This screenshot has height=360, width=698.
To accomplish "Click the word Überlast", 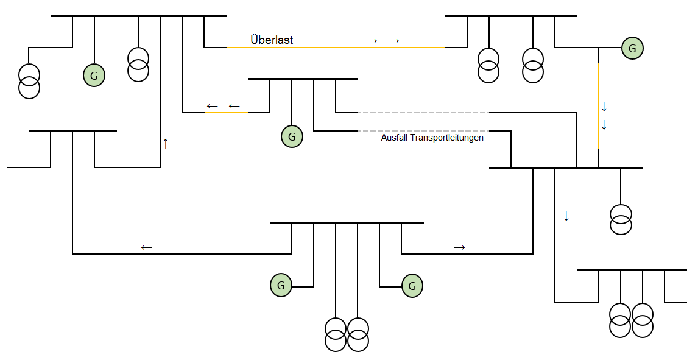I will [x=272, y=40].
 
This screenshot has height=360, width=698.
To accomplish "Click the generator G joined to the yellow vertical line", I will [x=632, y=48].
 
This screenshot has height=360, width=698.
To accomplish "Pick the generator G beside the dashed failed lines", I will [x=292, y=136].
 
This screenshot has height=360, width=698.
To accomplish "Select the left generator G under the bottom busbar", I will [x=281, y=284].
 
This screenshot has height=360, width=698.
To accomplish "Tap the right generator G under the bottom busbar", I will [x=412, y=285].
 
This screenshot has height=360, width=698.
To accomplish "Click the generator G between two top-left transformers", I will [x=94, y=76].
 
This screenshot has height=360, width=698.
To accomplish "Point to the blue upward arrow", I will [x=165, y=144].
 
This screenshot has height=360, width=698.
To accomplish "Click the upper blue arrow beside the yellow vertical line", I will [x=604, y=107].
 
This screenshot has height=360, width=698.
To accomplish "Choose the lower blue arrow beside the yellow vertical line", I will [x=604, y=125].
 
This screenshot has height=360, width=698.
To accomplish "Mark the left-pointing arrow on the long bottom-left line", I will [x=146, y=247].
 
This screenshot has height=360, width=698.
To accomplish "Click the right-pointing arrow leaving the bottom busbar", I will [x=460, y=247].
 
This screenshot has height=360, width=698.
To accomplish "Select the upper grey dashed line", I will [x=423, y=113].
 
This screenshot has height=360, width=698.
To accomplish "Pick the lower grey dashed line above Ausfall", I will [x=423, y=131].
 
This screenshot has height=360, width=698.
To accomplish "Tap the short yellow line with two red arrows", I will [x=226, y=113].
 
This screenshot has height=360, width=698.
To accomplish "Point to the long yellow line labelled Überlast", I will [x=335, y=48].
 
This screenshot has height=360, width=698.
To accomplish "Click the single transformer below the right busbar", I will [x=621, y=220].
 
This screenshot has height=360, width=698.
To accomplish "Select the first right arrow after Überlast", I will [x=372, y=41].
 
